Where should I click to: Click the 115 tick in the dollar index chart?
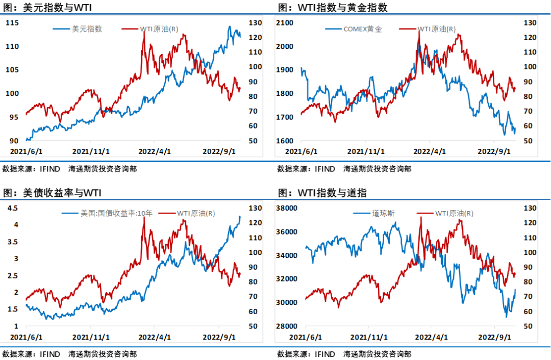(x=12, y=23)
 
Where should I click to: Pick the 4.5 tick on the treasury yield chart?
(x=13, y=208)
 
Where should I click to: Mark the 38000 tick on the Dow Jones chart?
(x=286, y=208)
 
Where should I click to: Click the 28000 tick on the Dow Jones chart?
(x=286, y=326)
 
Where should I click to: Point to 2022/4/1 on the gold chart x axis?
(x=429, y=151)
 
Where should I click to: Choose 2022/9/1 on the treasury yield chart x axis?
(x=219, y=337)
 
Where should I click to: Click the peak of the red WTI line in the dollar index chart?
(x=144, y=32)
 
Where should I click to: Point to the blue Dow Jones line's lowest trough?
(x=506, y=317)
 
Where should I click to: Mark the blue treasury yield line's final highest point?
(x=240, y=217)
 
